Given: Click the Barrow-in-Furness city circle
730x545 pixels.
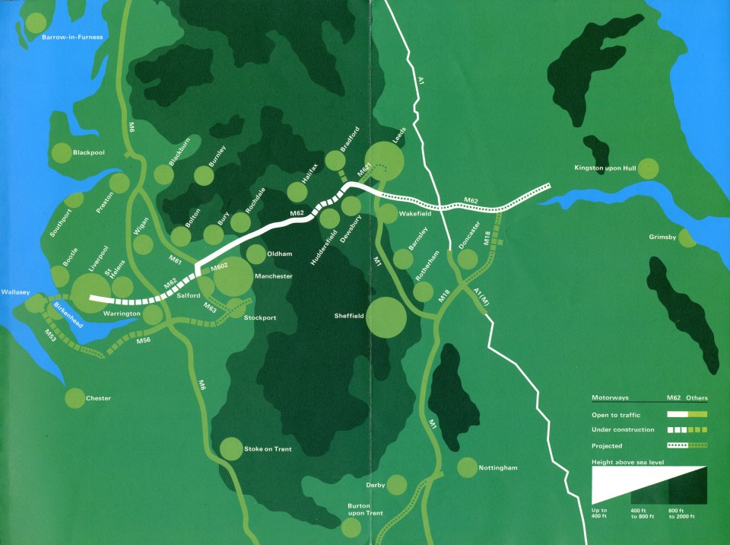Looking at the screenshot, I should click(x=35, y=22).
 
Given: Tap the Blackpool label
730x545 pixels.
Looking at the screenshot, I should click(x=89, y=152).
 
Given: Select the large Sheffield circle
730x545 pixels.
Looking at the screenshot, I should click(x=386, y=317).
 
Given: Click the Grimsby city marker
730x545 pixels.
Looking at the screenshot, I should click(x=686, y=238).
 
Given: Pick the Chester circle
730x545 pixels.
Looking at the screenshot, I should click(x=75, y=398).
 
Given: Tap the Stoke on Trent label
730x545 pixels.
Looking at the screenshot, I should click(x=268, y=449).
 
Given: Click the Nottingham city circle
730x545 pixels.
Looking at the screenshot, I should click(x=466, y=467).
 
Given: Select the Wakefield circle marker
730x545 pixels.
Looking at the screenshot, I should click(x=388, y=213).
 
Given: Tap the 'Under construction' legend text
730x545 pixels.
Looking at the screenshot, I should click(x=623, y=430).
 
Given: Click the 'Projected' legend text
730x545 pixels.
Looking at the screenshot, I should click(x=608, y=446).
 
